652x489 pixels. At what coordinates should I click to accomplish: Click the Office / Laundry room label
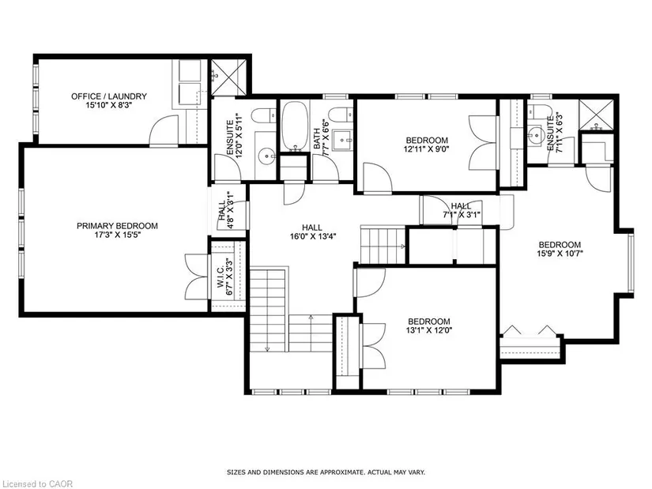(x=109, y=96)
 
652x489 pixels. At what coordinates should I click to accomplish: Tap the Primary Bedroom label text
(x=117, y=226)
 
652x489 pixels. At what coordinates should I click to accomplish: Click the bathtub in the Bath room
(x=295, y=126)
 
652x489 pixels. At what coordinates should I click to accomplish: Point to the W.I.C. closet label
(x=220, y=275)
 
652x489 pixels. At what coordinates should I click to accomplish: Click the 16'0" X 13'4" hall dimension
(x=313, y=236)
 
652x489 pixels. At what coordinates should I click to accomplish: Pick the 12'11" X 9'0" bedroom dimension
(x=427, y=149)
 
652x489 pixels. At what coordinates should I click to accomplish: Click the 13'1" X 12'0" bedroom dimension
(x=429, y=330)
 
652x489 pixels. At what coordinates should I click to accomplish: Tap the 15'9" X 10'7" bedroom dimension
(x=560, y=254)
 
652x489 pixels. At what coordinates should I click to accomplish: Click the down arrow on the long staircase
(x=267, y=348)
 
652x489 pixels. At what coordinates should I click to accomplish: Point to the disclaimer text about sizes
(x=326, y=472)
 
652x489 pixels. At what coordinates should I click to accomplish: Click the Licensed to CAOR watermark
(x=36, y=483)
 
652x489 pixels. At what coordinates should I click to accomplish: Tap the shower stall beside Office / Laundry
(x=228, y=77)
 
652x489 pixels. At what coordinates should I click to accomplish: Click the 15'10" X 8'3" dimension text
(x=109, y=106)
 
